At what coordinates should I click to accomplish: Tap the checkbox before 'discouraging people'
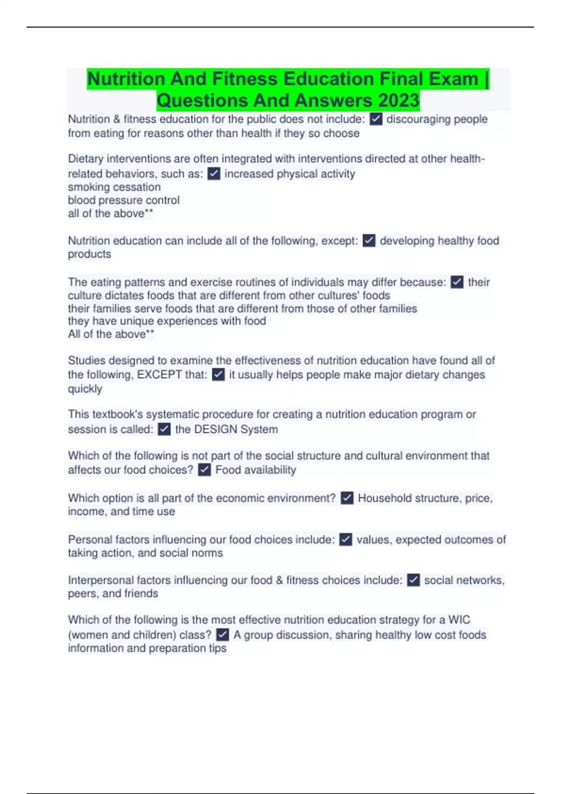coord(376,119)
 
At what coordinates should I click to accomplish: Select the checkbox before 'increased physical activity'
coord(214,174)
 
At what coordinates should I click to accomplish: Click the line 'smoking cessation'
coord(115,187)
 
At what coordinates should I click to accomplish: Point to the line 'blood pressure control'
coord(124,200)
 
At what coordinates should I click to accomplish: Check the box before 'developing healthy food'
coord(369,241)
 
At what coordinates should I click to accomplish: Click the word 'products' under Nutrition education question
coord(90,254)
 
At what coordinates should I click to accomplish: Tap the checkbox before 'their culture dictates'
coord(457,282)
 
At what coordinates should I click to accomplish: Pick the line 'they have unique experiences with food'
coord(167,321)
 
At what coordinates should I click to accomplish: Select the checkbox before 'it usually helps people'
coord(218,375)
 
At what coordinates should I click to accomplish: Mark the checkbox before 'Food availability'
coord(204,470)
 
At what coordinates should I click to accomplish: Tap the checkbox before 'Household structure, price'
coord(347,498)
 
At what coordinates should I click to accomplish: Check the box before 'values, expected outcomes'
coord(345,540)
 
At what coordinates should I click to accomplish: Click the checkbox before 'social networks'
coord(413,580)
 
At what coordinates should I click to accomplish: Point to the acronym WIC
coord(459,620)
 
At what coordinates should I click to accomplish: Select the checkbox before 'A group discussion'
coord(223,635)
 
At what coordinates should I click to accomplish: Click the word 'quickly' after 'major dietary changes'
coord(85,389)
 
